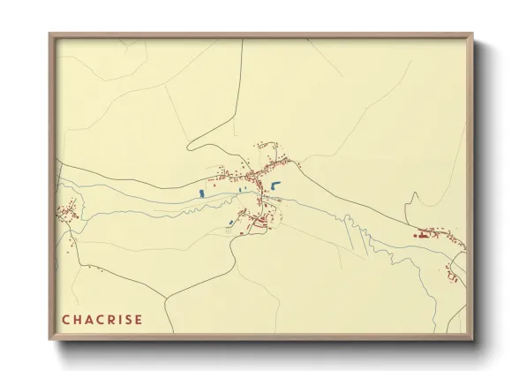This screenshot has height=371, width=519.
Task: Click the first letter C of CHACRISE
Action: (66, 319)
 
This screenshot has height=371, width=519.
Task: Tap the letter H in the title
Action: (78, 319)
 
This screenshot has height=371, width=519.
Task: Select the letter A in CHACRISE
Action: (89, 319)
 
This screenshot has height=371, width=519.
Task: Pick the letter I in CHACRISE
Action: (121, 319)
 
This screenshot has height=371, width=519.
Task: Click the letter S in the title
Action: (129, 319)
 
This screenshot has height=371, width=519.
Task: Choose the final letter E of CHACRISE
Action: (139, 319)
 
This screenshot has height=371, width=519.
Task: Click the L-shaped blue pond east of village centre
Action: (275, 185)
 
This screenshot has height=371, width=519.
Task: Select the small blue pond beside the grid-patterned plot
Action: (231, 222)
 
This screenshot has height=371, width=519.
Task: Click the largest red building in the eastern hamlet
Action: (425, 235)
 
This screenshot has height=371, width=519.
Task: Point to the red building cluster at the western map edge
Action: (65, 212)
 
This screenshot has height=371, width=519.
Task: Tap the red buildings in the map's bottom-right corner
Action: (453, 277)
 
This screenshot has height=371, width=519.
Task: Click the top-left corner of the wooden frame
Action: (50, 34)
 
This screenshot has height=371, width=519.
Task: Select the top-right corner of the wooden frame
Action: (473, 34)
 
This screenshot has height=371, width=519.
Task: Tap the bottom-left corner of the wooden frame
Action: (50, 338)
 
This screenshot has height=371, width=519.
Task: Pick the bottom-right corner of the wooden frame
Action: (473, 338)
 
